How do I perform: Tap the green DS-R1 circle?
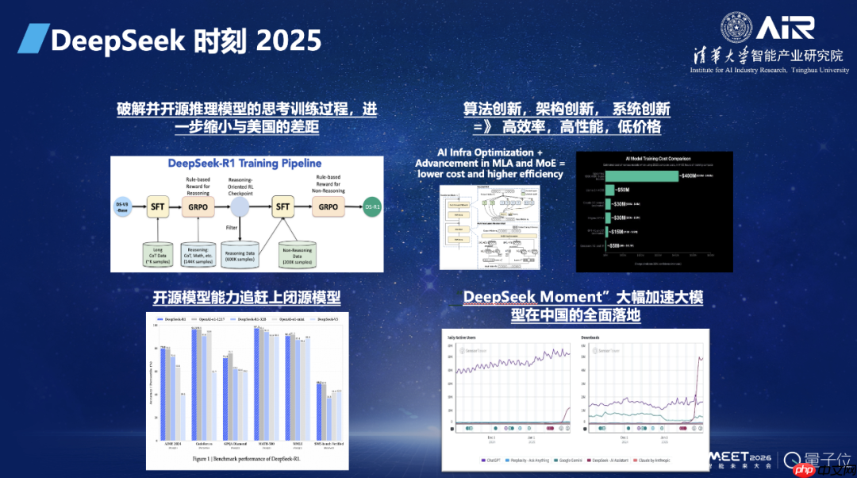coord(372,208)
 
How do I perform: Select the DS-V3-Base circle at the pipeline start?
coord(122,208)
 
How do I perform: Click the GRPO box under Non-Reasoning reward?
coord(328,207)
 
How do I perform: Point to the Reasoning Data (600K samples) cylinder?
coord(240,252)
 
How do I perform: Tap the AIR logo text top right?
coord(785,28)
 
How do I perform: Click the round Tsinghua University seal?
coord(736,28)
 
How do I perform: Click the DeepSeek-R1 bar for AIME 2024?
coord(163,393)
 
